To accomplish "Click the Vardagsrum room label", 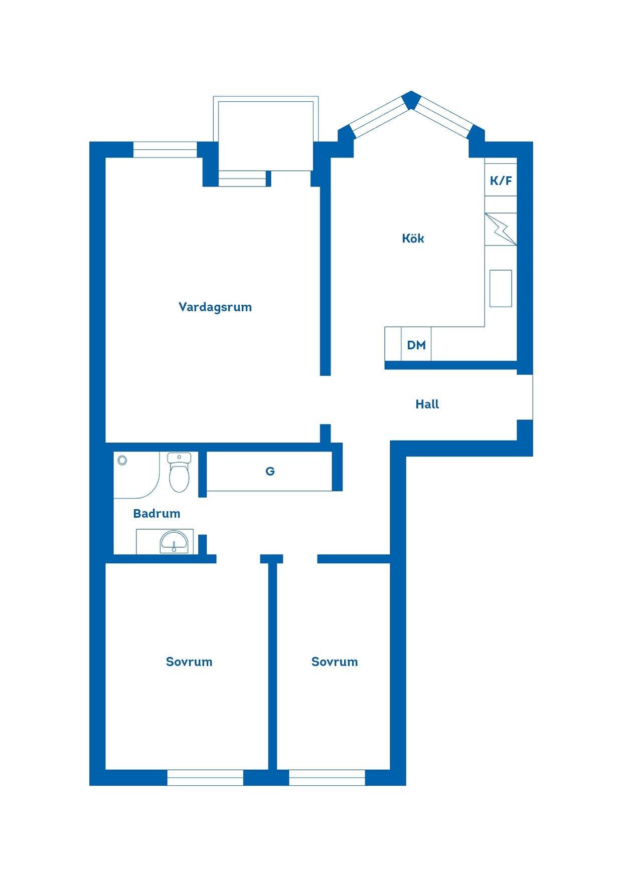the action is pyautogui.click(x=215, y=307).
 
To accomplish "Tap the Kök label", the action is pyautogui.click(x=413, y=238).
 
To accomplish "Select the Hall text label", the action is pyautogui.click(x=427, y=404).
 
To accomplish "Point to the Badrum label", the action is pyautogui.click(x=157, y=513).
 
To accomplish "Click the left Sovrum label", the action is pyautogui.click(x=189, y=662).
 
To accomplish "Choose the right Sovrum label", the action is pyautogui.click(x=335, y=662).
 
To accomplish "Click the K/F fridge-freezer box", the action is pyautogui.click(x=501, y=180).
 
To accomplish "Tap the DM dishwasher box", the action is pyautogui.click(x=416, y=344).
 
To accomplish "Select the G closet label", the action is pyautogui.click(x=270, y=471).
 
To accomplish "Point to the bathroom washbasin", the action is pyautogui.click(x=174, y=542).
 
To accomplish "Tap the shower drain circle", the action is pyautogui.click(x=122, y=460).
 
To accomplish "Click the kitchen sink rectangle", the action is pyautogui.click(x=501, y=288).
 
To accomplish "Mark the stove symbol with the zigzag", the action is pyautogui.click(x=501, y=229).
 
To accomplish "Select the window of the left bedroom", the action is pyautogui.click(x=205, y=777).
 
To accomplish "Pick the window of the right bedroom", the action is pyautogui.click(x=327, y=777).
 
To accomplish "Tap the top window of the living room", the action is pyautogui.click(x=165, y=150).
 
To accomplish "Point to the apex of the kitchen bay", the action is pyautogui.click(x=411, y=92).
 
